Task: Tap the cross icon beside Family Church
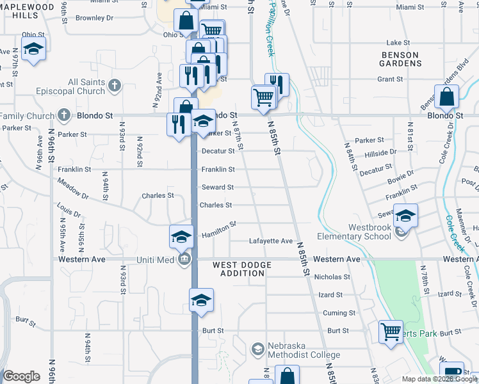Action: pyautogui.click(x=63, y=115)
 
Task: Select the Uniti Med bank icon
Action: pyautogui.click(x=184, y=259)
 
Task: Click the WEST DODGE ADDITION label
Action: pyautogui.click(x=238, y=269)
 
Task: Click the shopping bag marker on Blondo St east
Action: pyautogui.click(x=448, y=98)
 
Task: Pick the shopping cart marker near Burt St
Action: pyautogui.click(x=391, y=332)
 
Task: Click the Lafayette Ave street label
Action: pyautogui.click(x=270, y=241)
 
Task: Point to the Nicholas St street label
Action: pyautogui.click(x=332, y=277)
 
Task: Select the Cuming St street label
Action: pyautogui.click(x=339, y=313)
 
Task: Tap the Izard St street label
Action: pyautogui.click(x=330, y=295)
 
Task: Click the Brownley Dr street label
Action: pyautogui.click(x=94, y=18)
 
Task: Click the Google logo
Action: pyautogui.click(x=21, y=376)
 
